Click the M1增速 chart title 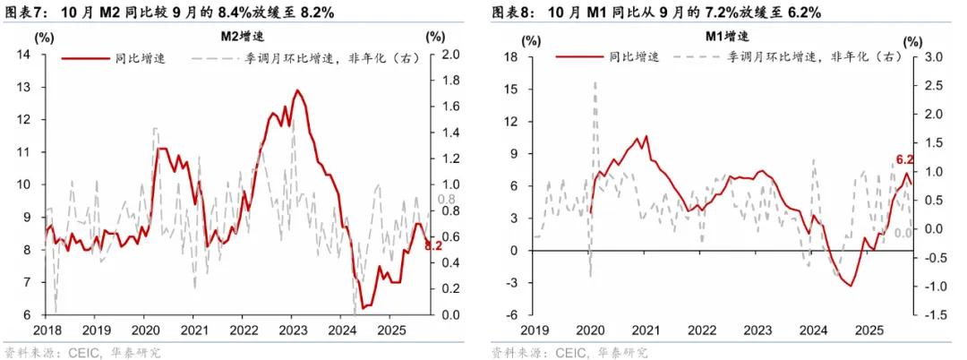[x=726, y=36]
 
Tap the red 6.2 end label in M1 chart [x=904, y=160]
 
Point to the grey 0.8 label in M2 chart [x=446, y=200]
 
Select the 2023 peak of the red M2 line [x=297, y=90]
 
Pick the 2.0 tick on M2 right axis [x=451, y=56]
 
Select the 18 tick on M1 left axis [x=512, y=57]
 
